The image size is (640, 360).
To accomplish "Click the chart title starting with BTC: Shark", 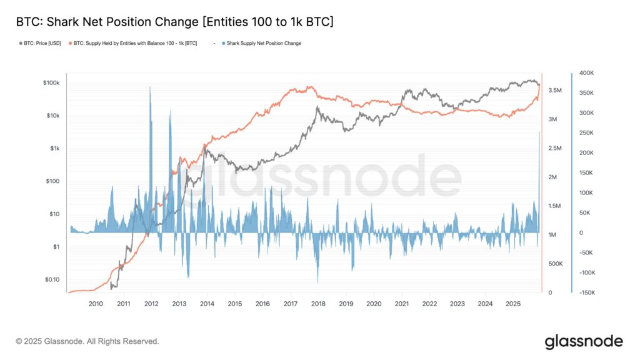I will click(174, 22).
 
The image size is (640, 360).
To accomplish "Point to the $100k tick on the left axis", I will click(51, 83).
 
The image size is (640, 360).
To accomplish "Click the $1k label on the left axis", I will click(52, 149).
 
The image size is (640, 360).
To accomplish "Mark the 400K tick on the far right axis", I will click(587, 73).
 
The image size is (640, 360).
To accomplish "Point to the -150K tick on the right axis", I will click(586, 292).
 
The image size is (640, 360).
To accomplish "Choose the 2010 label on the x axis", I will click(96, 304).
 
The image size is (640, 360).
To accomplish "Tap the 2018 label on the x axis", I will click(318, 304).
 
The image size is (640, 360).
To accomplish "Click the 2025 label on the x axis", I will click(512, 304).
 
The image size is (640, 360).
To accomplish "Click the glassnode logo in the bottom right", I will click(584, 341).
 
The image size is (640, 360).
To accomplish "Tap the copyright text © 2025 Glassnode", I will click(87, 341).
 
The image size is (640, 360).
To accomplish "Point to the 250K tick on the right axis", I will click(587, 133).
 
